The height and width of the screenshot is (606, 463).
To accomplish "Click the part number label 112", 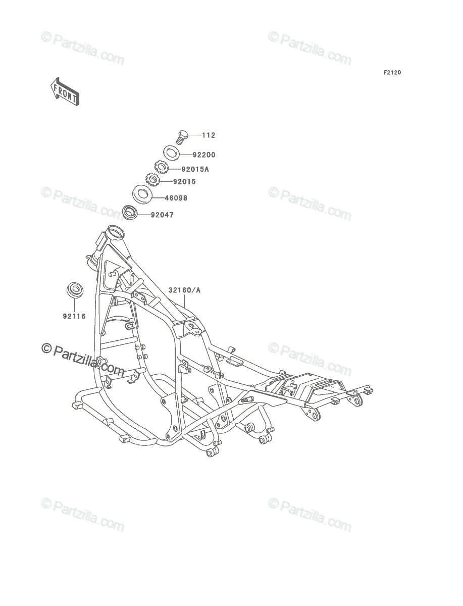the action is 209,135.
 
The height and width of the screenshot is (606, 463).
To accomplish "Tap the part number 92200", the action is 204,155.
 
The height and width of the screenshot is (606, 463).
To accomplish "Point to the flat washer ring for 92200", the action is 171,153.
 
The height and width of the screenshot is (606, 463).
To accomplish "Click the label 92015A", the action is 195,169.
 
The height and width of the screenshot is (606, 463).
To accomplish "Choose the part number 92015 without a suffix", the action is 184,182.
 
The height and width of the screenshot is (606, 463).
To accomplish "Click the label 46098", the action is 176,198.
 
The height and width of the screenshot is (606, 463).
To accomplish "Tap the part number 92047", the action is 162,215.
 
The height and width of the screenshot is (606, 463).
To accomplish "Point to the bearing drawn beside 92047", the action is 130,213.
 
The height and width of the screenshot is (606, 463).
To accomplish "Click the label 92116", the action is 74,316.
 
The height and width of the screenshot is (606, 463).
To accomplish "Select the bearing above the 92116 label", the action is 75,290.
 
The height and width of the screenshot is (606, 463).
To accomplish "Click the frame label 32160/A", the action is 184,290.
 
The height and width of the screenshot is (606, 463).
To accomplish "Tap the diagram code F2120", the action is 392,73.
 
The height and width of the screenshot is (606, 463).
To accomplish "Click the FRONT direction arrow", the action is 65,92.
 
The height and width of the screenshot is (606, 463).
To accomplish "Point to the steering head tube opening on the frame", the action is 116,232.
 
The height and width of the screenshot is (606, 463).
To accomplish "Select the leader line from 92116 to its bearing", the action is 74,305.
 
